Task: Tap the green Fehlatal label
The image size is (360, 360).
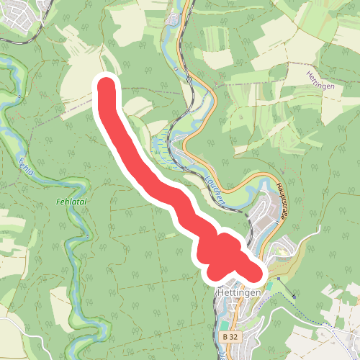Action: coord(71,202)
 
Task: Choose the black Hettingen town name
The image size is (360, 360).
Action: coord(238,293)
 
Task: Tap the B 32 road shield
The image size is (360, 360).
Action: coord(230,336)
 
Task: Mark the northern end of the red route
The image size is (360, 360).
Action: coord(107,86)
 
